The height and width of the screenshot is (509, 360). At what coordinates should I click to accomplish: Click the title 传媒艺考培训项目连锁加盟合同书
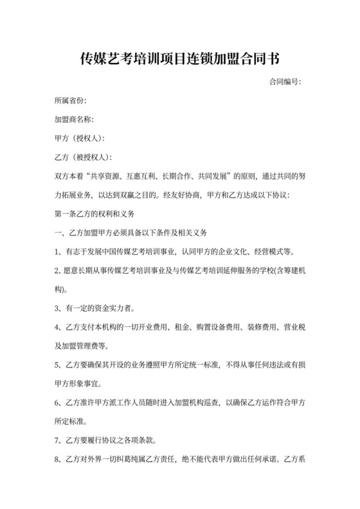(179, 59)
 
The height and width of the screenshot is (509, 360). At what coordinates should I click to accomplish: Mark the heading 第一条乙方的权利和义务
(96, 212)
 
